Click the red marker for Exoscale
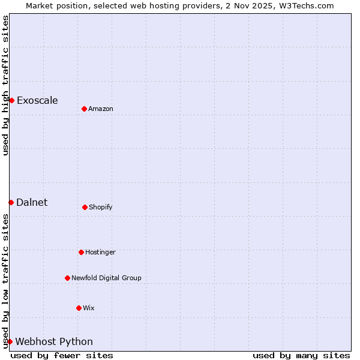click(11, 100)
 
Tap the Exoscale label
click(37, 100)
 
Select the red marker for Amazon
click(84, 109)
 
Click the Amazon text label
click(101, 109)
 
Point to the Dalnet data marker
click(11, 202)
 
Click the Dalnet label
click(32, 202)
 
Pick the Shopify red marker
click(85, 207)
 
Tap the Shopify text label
click(101, 207)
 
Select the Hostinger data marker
click(81, 252)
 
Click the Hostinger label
click(100, 252)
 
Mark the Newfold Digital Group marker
click(67, 278)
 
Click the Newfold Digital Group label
click(106, 278)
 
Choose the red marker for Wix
click(79, 308)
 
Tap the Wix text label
click(89, 308)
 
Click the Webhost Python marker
click(10, 341)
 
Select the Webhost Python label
click(54, 341)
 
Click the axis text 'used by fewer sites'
click(62, 355)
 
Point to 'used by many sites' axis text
click(301, 355)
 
